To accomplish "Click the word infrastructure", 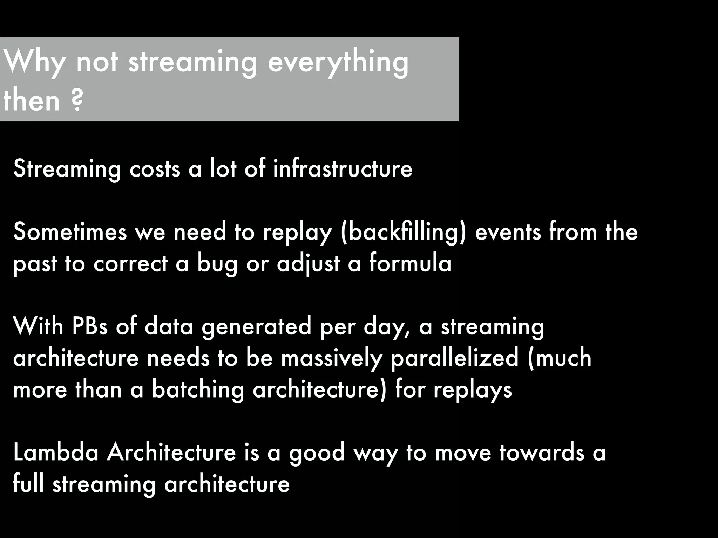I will [x=343, y=168].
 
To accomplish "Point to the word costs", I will [x=155, y=169].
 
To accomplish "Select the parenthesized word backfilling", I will [x=403, y=233].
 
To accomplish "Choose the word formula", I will [x=410, y=263].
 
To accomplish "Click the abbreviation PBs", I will [x=90, y=326].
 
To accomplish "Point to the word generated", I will [x=256, y=327].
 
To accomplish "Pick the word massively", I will [x=331, y=358].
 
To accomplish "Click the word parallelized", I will [x=454, y=358].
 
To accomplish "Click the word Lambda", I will [x=56, y=452].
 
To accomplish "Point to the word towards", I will [x=542, y=452].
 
